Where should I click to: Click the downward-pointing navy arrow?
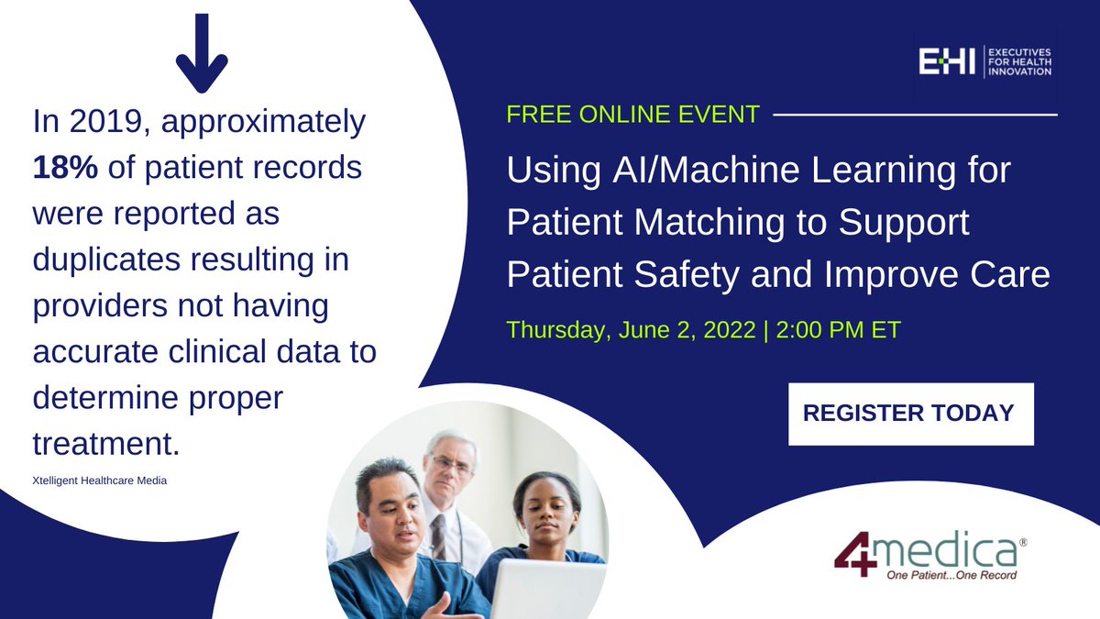202,53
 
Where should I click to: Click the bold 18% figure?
65,167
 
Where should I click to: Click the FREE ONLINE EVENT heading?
633,115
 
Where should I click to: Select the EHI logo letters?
947,61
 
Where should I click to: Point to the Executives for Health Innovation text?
1020,62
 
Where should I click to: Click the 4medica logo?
930,555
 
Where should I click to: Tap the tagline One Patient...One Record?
951,575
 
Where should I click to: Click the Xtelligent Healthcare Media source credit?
100,481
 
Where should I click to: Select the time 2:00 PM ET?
838,329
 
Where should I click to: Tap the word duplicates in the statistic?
106,260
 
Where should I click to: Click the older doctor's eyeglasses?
451,463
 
